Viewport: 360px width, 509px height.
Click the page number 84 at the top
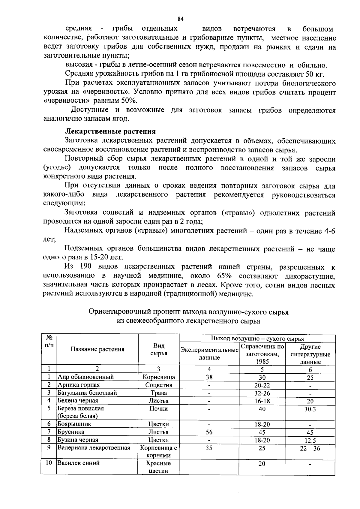click(180, 19)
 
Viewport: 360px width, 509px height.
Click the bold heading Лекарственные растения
click(110, 131)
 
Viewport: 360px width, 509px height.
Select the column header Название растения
click(97, 349)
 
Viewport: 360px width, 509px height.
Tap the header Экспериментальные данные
click(209, 354)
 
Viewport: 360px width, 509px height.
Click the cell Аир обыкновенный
click(86, 377)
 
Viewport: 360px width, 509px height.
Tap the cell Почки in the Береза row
click(158, 409)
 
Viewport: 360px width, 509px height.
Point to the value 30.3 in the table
click(310, 409)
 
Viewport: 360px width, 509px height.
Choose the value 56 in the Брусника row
click(209, 432)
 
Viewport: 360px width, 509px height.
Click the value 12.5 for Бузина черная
click(310, 440)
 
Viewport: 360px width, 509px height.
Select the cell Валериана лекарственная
click(94, 448)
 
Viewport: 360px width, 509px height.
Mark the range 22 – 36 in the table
click(310, 448)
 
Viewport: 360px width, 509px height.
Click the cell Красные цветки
click(158, 467)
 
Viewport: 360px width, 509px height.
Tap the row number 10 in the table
click(49, 463)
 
